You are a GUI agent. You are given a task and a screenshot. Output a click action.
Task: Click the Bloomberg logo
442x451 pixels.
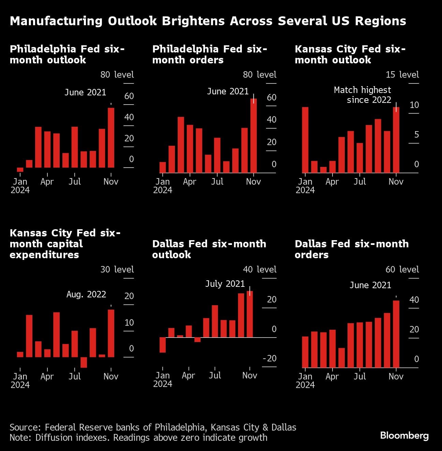(x=404, y=435)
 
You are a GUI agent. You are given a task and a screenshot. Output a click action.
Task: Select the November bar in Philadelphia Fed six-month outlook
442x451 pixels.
(x=111, y=138)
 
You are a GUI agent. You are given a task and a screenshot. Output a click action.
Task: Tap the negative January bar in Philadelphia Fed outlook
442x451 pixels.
(x=20, y=170)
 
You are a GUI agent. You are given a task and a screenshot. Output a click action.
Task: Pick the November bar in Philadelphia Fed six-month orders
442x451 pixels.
(x=253, y=136)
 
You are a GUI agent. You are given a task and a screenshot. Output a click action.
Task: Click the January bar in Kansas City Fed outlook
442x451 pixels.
(x=305, y=140)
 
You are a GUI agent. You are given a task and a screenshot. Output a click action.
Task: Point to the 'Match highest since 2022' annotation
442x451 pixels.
(x=363, y=95)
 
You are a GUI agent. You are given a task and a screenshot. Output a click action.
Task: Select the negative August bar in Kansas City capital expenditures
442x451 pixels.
(x=84, y=362)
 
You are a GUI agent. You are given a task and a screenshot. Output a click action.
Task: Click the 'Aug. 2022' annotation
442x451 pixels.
(x=86, y=294)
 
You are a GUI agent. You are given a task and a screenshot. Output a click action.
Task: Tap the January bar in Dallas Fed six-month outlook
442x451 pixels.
(x=162, y=345)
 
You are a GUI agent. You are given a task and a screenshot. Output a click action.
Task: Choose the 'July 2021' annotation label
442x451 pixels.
(x=225, y=284)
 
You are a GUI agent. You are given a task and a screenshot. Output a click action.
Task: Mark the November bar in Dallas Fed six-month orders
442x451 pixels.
(x=396, y=334)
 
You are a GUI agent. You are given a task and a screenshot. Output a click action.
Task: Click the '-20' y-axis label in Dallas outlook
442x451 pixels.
(x=269, y=358)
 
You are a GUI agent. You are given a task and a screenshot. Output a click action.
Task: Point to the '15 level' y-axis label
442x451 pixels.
(x=402, y=75)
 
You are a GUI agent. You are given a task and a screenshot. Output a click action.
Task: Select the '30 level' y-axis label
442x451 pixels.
(x=117, y=269)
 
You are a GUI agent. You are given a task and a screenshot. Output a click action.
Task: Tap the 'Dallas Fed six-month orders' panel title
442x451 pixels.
(x=351, y=249)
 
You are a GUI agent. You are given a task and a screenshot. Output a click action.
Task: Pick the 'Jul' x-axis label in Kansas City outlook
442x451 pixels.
(x=359, y=182)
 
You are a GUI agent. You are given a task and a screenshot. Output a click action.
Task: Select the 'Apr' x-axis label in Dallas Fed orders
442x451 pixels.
(x=332, y=376)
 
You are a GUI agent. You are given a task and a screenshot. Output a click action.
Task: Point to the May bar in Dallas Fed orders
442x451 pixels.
(x=341, y=358)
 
